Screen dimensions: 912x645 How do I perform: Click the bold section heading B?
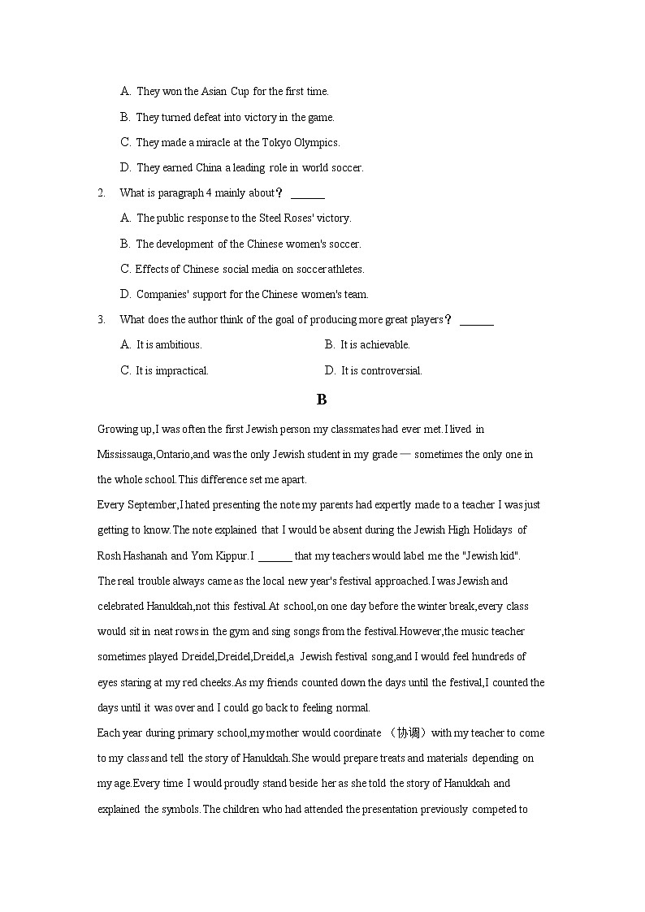322,400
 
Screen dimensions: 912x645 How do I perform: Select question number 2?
101,193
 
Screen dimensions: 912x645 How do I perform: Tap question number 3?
101,320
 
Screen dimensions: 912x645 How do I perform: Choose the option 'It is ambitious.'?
168,345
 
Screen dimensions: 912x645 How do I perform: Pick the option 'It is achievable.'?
374,345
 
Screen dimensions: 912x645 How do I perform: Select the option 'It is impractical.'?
171,371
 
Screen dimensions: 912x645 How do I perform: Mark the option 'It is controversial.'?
381,371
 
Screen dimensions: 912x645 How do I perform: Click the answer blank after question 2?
307,195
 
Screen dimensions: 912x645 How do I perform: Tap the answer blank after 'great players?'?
476,322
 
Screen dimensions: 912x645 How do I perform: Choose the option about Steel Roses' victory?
243,218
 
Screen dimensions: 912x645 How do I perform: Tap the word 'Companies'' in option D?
162,295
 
